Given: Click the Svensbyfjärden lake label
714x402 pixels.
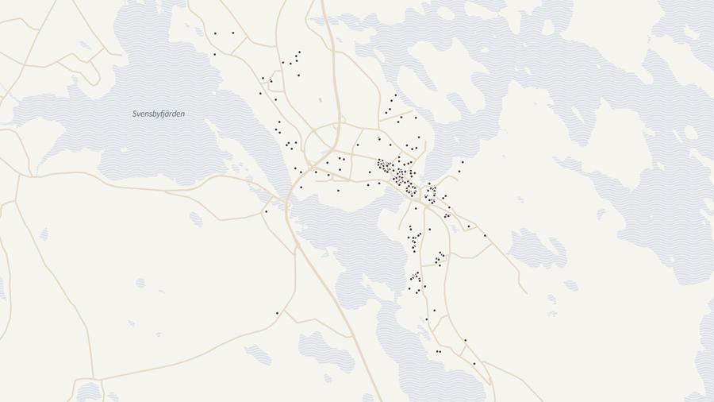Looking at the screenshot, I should click(x=159, y=114).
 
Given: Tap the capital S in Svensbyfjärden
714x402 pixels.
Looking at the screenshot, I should click(x=135, y=114).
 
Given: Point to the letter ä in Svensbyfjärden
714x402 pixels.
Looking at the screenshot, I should click(x=171, y=114).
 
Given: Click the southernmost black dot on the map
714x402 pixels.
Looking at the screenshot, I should click(x=474, y=364).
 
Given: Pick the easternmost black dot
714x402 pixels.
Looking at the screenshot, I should click(x=486, y=235).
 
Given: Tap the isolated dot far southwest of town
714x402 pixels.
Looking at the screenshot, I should click(x=277, y=313).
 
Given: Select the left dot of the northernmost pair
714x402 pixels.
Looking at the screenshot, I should click(x=215, y=33).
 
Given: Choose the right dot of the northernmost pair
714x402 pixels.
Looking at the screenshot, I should click(x=233, y=33).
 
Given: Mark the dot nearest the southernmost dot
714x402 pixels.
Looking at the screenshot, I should click(x=465, y=341).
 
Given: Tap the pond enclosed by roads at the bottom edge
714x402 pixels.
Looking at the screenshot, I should click(x=89, y=392).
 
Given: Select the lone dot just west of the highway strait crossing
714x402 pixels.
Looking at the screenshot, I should click(x=266, y=211).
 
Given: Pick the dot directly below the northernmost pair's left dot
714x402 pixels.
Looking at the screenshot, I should click(x=214, y=54).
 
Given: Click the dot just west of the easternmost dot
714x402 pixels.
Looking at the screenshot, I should click(x=469, y=226).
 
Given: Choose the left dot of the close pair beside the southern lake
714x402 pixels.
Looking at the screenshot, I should click(x=436, y=351).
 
